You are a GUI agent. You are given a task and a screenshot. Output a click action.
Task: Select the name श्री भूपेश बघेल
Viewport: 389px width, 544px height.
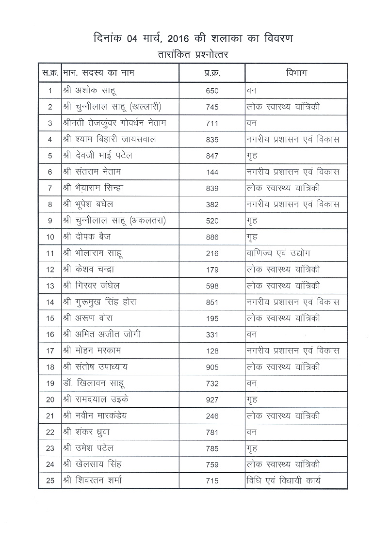88,204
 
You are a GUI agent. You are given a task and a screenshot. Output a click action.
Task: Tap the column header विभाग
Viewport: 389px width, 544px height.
296,73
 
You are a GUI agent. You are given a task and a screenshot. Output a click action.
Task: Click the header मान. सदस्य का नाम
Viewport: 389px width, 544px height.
99,73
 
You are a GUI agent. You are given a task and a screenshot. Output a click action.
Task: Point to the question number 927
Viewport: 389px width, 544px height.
212,400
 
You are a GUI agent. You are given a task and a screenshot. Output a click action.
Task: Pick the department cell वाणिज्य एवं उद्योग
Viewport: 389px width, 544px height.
279,253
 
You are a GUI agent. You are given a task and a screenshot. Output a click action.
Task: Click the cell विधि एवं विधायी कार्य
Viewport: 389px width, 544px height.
284,481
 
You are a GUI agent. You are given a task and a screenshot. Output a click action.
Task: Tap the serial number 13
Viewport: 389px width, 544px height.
50,286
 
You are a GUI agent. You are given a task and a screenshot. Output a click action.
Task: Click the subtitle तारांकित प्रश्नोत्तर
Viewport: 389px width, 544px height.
193,54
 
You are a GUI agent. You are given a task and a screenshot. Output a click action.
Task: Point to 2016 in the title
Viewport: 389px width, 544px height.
187,38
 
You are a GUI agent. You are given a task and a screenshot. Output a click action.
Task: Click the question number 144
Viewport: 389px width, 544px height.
212,172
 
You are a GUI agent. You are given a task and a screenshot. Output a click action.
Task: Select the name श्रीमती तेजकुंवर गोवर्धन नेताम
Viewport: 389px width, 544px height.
114,123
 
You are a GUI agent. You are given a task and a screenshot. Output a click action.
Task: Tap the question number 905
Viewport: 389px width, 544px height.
212,368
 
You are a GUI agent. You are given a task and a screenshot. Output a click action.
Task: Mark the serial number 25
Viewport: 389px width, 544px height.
50,481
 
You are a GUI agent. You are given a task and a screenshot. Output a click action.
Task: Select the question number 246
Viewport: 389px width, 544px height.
212,416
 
